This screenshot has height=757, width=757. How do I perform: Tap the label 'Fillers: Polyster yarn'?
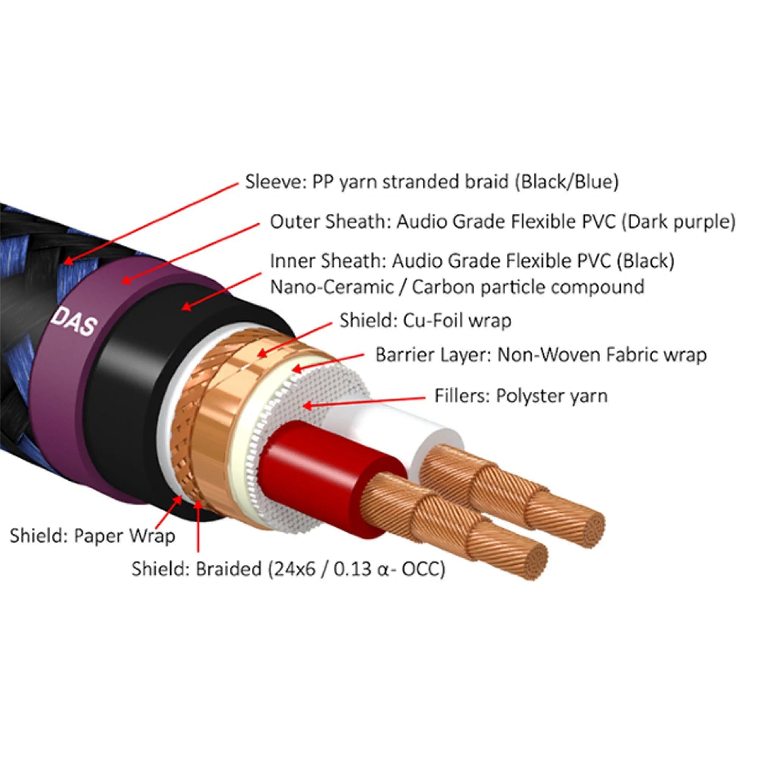[521, 396]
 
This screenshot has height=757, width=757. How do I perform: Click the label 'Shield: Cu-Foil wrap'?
[425, 320]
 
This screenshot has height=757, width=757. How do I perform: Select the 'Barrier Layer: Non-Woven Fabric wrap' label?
[541, 355]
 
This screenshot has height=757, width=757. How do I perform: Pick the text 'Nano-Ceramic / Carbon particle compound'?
[457, 287]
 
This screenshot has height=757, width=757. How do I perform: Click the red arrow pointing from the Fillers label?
[364, 402]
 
